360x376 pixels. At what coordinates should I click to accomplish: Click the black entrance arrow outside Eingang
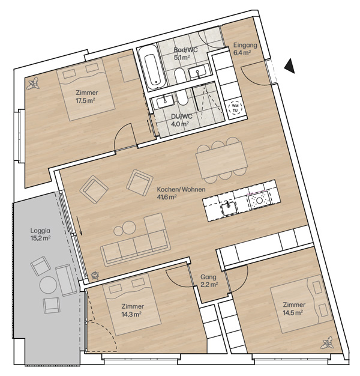[x=290, y=65]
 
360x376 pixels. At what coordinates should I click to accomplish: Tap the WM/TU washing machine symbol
[x=235, y=108]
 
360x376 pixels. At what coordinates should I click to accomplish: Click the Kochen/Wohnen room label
[x=181, y=189]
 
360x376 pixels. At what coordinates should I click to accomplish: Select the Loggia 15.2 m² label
[x=40, y=234]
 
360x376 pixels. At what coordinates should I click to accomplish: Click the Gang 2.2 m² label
[x=209, y=280]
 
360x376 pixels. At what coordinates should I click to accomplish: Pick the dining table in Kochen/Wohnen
[x=221, y=160]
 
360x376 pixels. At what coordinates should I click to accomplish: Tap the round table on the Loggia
[x=48, y=285]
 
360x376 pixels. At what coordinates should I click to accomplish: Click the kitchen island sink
[x=229, y=208]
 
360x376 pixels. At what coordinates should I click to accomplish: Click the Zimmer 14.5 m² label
[x=294, y=308]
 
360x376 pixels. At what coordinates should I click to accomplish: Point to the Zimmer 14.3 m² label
[x=133, y=310]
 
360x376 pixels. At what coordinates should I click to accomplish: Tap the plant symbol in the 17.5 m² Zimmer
[x=33, y=83]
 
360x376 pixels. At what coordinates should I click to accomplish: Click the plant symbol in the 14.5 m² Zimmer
[x=328, y=343]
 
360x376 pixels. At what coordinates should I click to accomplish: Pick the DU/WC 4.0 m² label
[x=182, y=120]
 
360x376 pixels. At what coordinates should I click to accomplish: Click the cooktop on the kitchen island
[x=259, y=199]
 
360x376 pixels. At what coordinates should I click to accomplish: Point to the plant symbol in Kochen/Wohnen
[x=95, y=276]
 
